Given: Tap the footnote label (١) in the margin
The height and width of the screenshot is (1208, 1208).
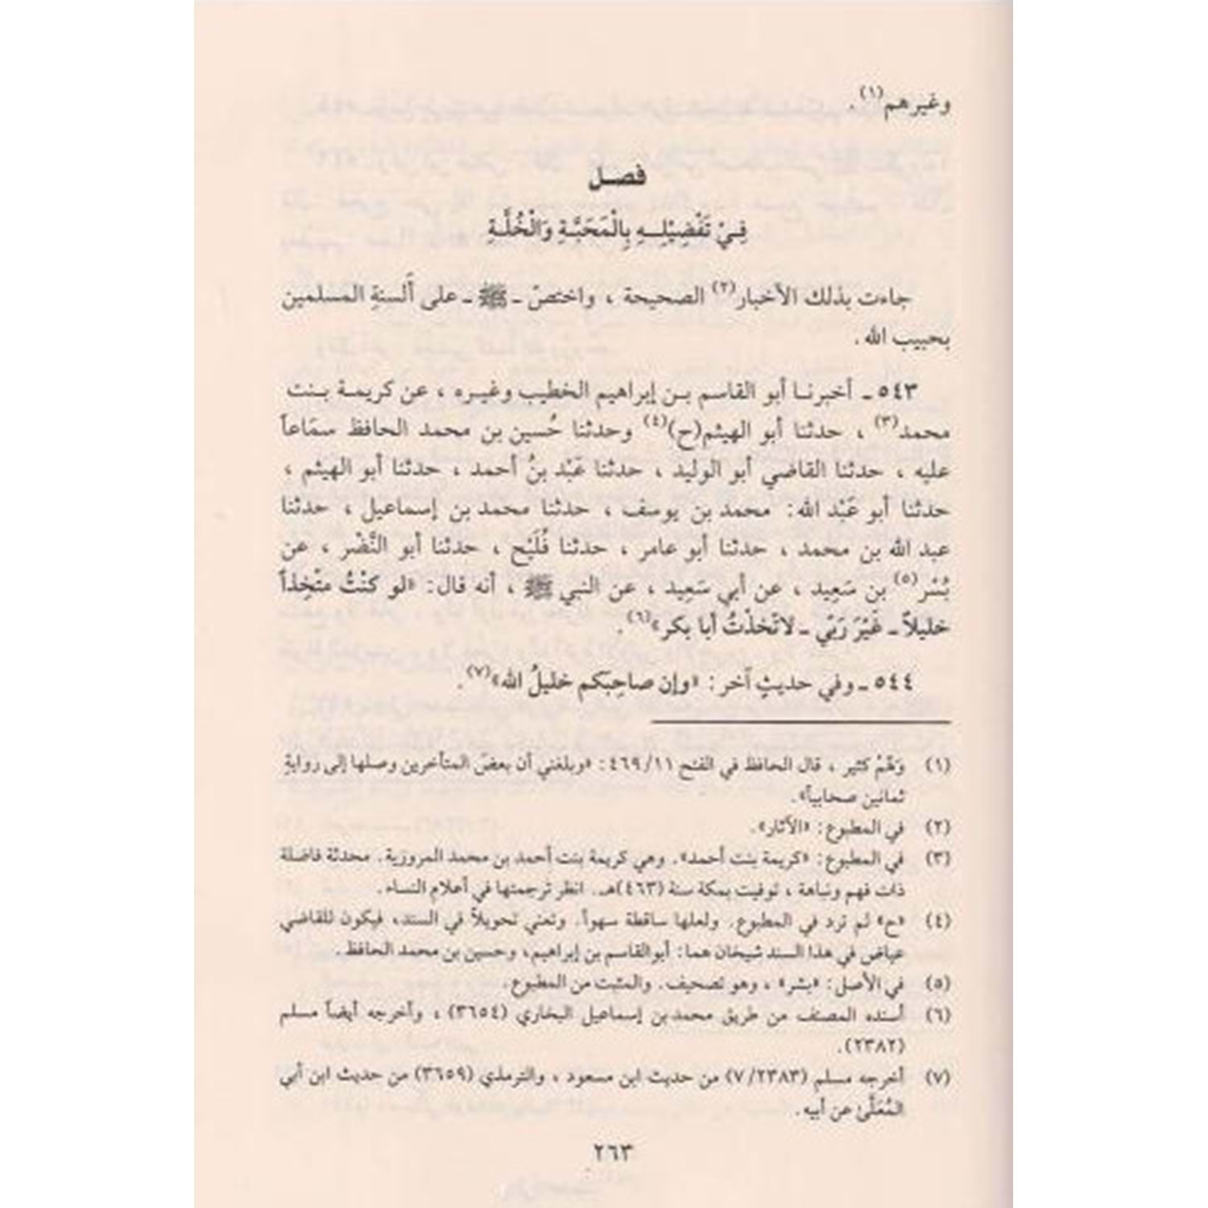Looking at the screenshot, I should (x=936, y=765).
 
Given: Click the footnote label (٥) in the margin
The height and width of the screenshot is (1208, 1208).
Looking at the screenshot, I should (x=936, y=984).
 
